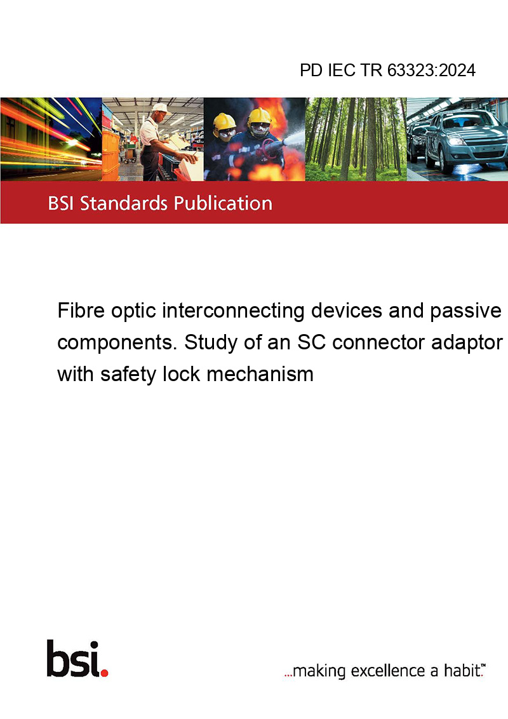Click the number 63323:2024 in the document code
pyautogui.click(x=431, y=71)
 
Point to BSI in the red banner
pyautogui.click(x=62, y=203)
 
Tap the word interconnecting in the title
pyautogui.click(x=234, y=312)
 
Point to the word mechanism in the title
pyautogui.click(x=260, y=374)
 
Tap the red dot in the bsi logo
pyautogui.click(x=104, y=673)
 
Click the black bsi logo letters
pyautogui.click(x=74, y=659)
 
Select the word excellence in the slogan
pyautogui.click(x=388, y=671)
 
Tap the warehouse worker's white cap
pyautogui.click(x=160, y=108)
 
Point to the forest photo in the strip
pyautogui.click(x=356, y=139)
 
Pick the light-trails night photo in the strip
pyautogui.click(x=51, y=139)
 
